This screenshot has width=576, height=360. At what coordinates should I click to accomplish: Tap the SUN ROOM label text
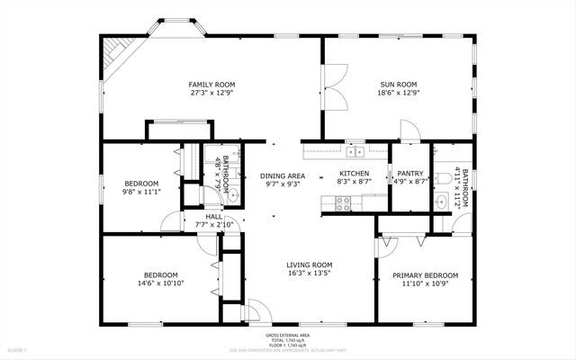coord(399,84)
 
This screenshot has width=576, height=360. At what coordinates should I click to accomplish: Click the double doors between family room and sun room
coord(334,90)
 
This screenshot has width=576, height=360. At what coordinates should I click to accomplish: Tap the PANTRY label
coord(409,174)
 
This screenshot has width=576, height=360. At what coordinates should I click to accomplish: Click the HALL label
coord(213,217)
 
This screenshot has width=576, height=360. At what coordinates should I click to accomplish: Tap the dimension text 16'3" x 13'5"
coord(309,273)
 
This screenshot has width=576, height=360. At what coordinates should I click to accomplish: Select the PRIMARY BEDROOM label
coord(426,275)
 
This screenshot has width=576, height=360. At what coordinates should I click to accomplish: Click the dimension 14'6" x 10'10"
coord(161,283)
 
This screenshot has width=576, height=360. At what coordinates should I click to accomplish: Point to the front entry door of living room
coord(254,310)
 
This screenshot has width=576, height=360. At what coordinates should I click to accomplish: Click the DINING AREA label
coord(282,175)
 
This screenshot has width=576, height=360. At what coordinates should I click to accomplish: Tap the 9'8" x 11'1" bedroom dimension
coord(141,192)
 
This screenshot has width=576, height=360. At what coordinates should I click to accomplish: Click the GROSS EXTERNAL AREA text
coord(287,334)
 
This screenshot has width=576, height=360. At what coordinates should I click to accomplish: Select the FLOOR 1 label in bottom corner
coord(18,349)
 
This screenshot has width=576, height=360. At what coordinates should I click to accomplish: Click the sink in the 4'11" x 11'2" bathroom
coord(441,202)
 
